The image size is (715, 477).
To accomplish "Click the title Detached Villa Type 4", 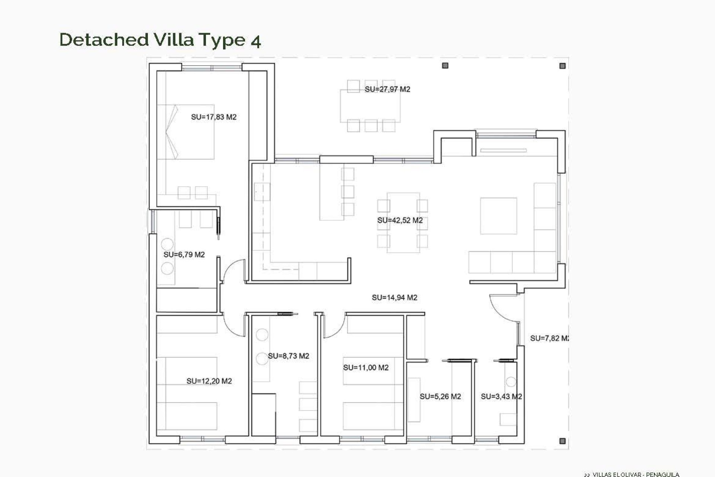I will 160,40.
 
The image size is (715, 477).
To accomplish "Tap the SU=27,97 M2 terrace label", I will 387,89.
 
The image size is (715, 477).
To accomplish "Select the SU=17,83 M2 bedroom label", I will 214,117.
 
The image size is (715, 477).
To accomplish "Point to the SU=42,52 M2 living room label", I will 400,220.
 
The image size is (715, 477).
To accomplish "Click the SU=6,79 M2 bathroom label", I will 184,255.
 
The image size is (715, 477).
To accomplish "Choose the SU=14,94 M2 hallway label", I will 394,297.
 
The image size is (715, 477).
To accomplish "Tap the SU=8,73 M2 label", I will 288,356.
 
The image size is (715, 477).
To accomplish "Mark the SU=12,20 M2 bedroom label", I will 209,381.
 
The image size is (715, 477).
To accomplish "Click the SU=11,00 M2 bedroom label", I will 366,367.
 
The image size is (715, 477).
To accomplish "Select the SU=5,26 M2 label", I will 440,397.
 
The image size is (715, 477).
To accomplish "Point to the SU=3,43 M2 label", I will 501,397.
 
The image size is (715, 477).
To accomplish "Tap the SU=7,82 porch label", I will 549,338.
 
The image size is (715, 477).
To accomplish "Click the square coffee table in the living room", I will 498,216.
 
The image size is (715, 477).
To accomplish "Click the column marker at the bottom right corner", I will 562,441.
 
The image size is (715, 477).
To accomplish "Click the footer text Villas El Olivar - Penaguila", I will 635,474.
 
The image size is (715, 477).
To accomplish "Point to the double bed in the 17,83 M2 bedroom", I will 186,132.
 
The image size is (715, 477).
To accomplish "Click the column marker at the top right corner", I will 562,66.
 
